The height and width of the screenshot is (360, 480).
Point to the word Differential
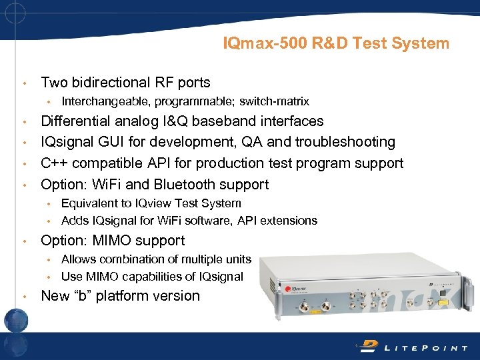click(x=77, y=121)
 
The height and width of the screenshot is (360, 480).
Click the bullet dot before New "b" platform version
click(x=25, y=297)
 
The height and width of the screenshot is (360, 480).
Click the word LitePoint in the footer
click(x=421, y=346)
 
